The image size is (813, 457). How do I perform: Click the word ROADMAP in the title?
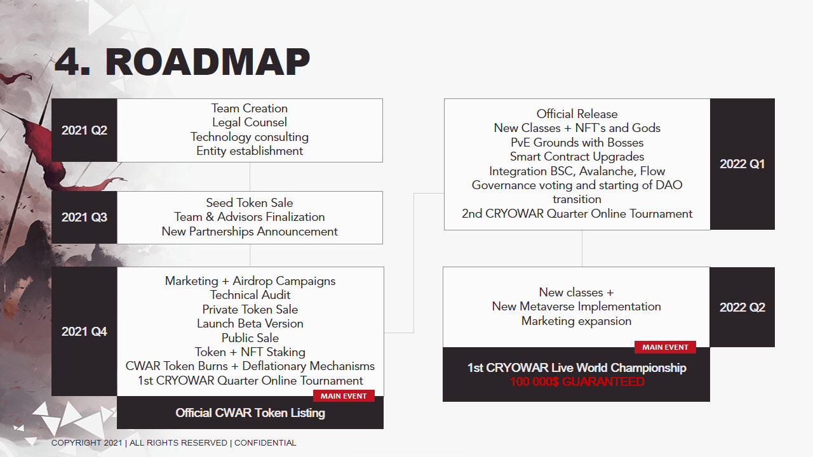[x=208, y=62]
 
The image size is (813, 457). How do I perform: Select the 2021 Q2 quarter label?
[x=84, y=130]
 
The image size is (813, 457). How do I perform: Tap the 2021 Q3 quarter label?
[x=84, y=217]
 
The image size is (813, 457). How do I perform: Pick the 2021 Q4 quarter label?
[x=84, y=331]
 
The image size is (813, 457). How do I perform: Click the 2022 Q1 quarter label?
[x=742, y=164]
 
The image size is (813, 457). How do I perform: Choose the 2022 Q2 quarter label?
[x=742, y=308]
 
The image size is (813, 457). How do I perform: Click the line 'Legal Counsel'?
[x=250, y=123]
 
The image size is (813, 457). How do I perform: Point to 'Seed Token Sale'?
[x=250, y=202]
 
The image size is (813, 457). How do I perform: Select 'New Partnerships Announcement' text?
[x=250, y=232]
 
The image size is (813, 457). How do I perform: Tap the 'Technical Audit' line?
[x=250, y=295]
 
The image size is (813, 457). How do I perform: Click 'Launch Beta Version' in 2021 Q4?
[x=250, y=324]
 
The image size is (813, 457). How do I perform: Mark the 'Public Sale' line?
[x=250, y=338]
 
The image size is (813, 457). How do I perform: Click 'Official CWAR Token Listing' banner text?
[x=250, y=413]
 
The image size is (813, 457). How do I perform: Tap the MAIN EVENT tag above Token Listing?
[x=344, y=396]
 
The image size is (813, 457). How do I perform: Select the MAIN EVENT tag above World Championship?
[x=665, y=347]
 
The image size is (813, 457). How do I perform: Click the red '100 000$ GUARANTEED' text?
[x=577, y=382]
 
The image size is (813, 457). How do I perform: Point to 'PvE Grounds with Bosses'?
[x=577, y=143]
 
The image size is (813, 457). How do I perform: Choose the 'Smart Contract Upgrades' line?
[x=577, y=157]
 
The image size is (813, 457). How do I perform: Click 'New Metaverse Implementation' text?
[x=576, y=307]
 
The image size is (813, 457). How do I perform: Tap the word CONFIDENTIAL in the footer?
[x=265, y=443]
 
